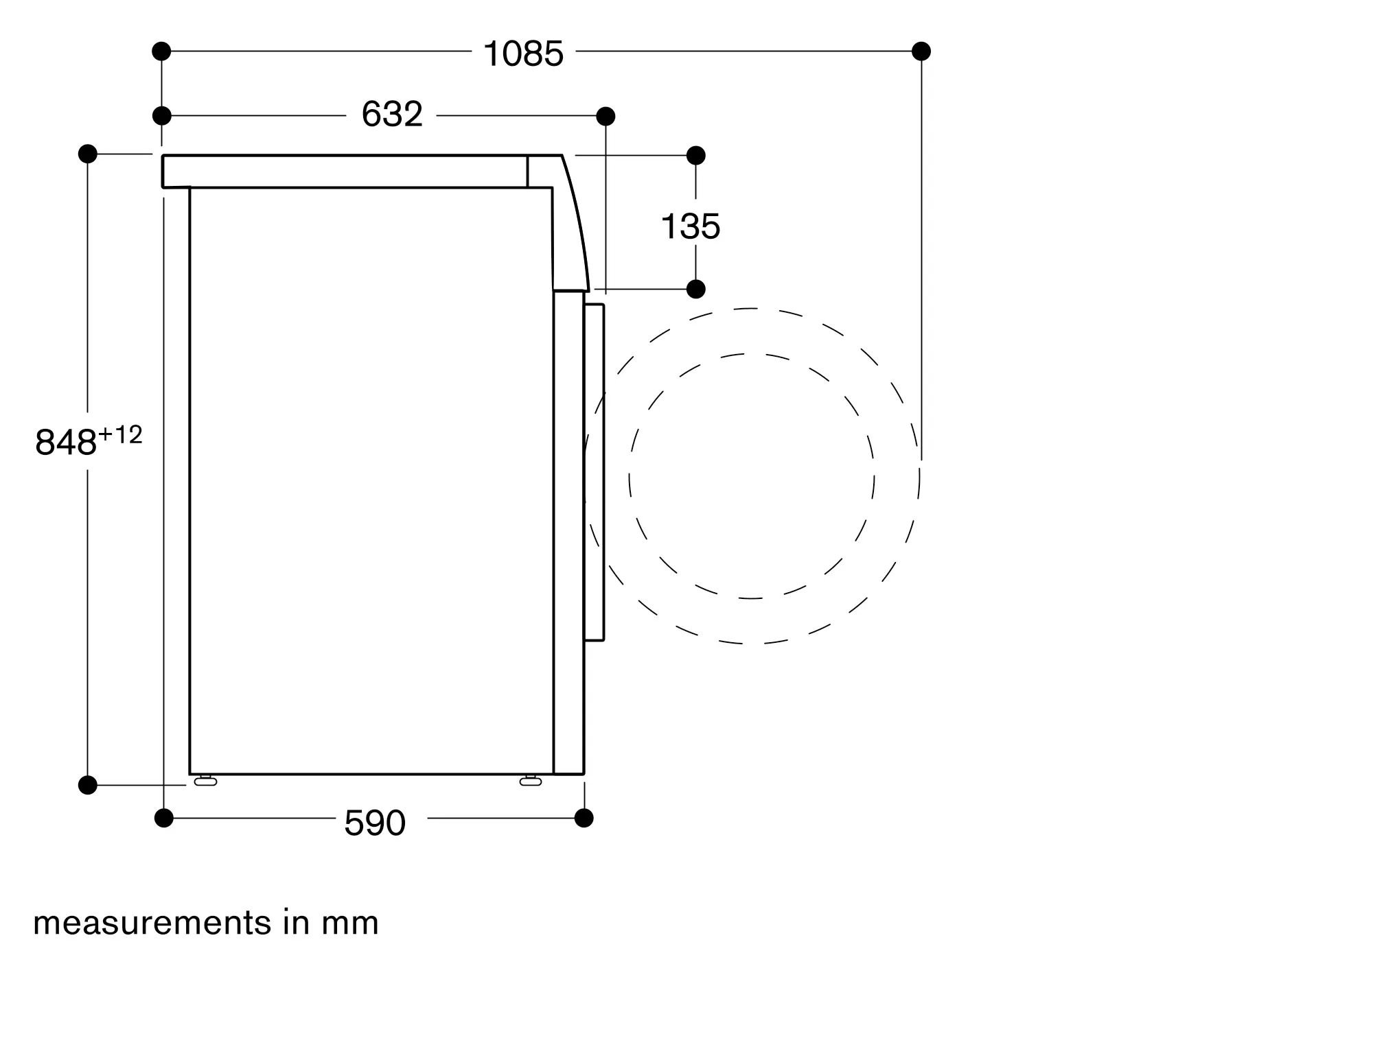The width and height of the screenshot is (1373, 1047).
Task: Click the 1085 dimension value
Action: click(523, 54)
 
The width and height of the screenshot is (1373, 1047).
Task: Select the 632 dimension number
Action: click(392, 114)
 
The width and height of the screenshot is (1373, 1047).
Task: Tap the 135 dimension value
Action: click(690, 226)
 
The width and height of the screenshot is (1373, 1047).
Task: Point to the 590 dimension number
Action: click(375, 823)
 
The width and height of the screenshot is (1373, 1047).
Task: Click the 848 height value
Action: click(65, 442)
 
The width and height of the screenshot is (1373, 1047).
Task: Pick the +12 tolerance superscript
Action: click(120, 434)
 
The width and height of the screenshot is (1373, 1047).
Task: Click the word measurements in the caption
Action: click(152, 924)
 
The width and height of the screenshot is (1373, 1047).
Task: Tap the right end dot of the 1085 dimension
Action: click(921, 51)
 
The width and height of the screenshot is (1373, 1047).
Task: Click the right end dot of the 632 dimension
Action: click(605, 117)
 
